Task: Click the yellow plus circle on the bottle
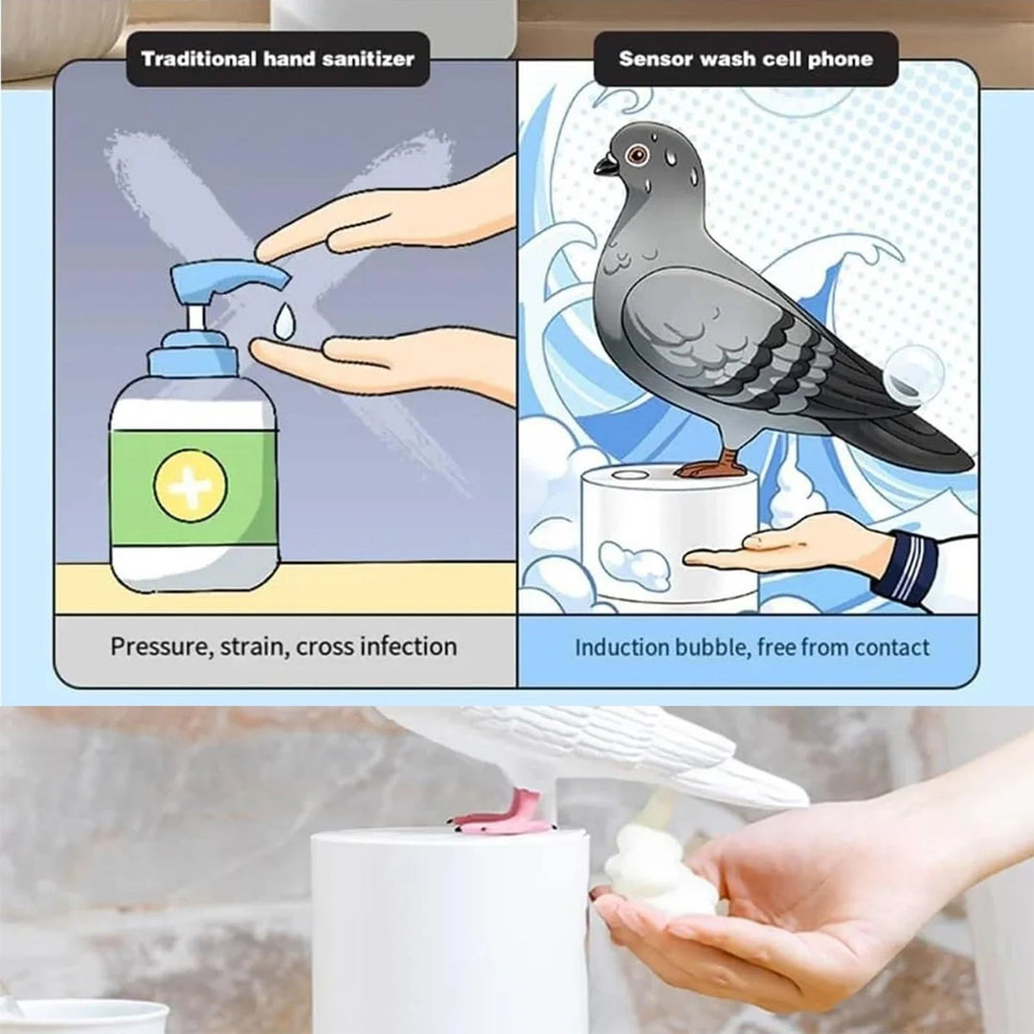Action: click(191, 485)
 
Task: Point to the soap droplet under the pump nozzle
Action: click(283, 322)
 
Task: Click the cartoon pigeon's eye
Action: click(636, 154)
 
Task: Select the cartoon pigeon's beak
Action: click(606, 166)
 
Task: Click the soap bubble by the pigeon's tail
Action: click(912, 374)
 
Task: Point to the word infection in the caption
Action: click(410, 646)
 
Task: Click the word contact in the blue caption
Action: click(892, 647)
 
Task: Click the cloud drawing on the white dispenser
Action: click(635, 564)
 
